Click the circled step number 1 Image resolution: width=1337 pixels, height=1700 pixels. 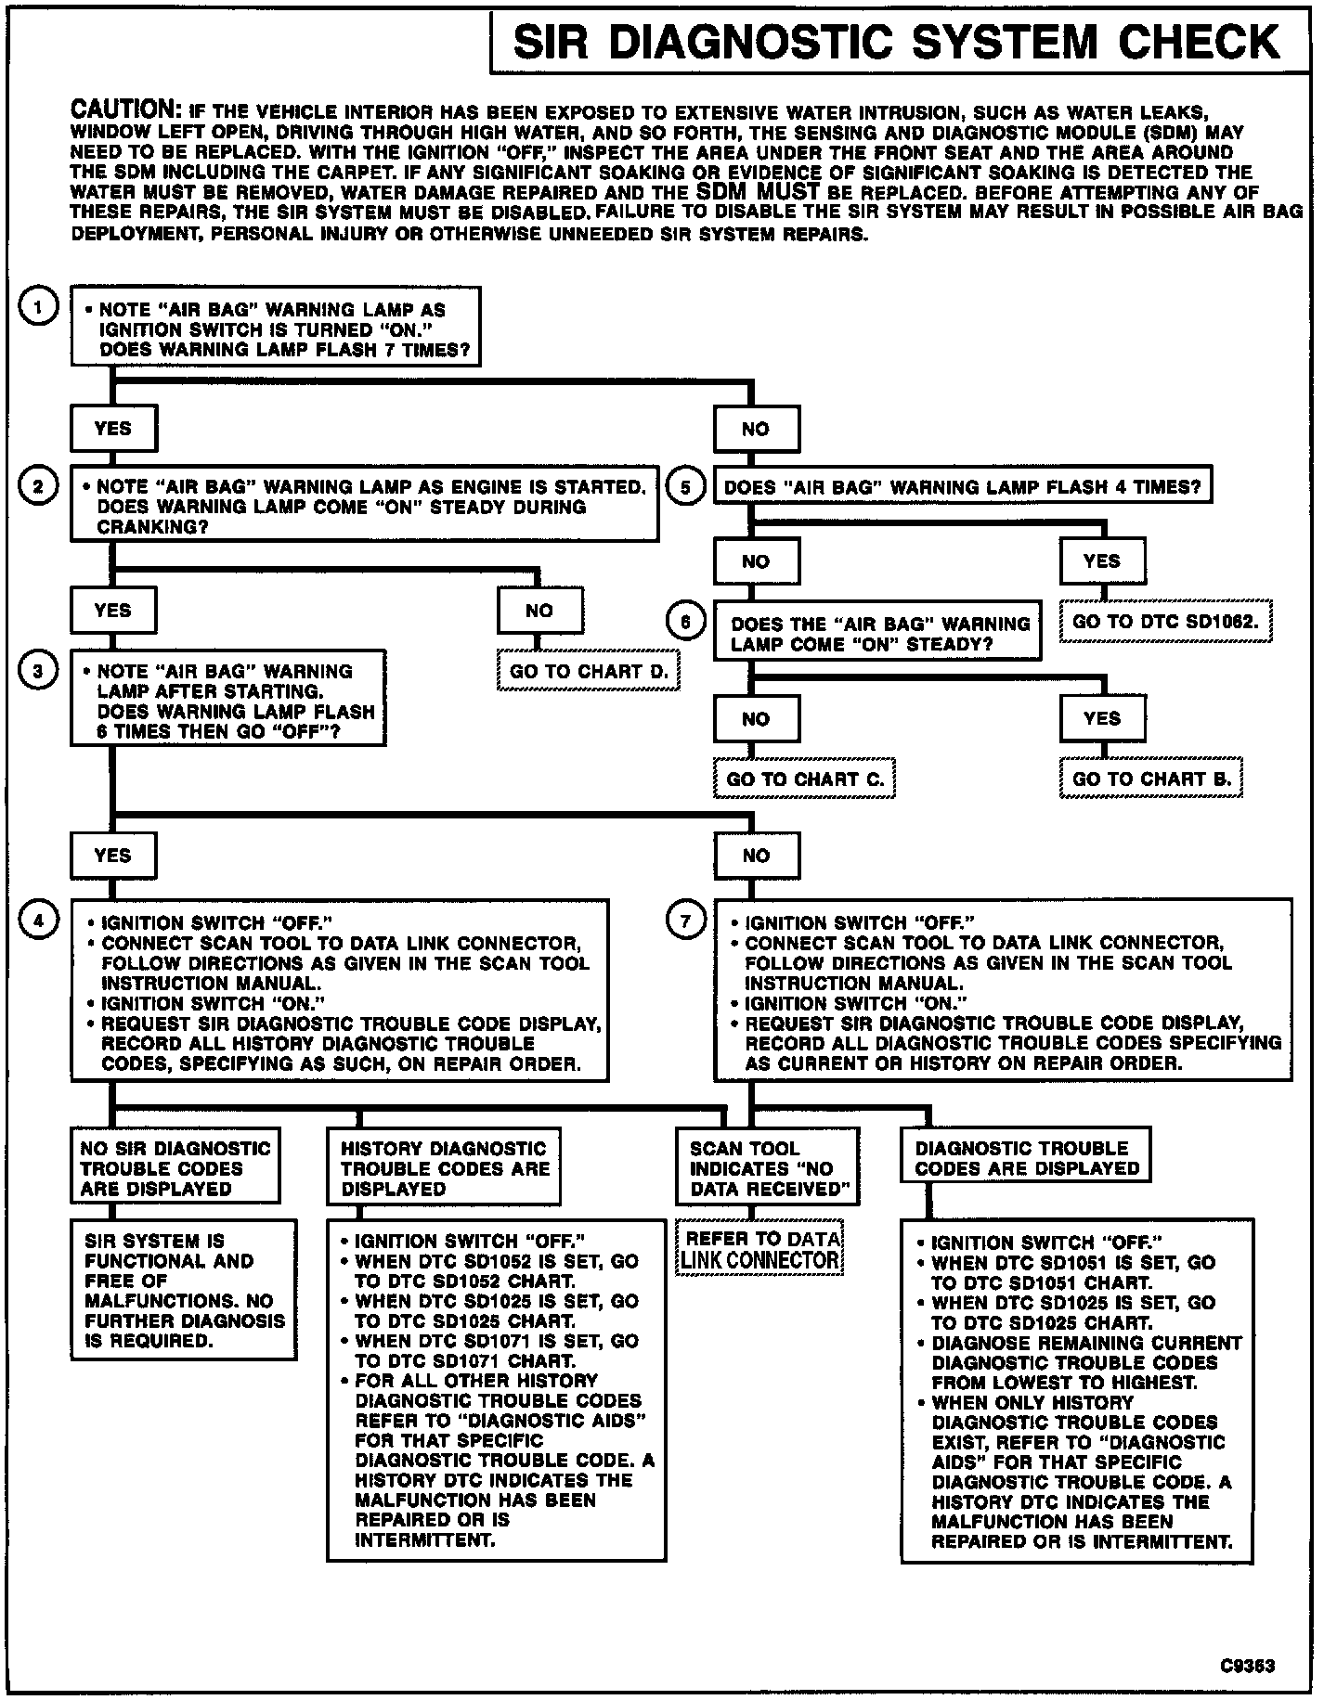pos(37,308)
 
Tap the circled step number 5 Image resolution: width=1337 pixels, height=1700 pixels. pos(686,486)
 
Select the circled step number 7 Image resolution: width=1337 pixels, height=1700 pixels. pos(686,921)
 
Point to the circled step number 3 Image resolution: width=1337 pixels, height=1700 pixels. pos(37,671)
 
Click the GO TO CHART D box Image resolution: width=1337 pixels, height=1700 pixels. pos(589,672)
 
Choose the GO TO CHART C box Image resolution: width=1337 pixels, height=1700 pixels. pos(804,779)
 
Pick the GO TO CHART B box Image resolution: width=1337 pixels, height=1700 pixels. pos(1151,779)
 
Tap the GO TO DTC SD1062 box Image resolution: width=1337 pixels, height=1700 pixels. pos(1165,622)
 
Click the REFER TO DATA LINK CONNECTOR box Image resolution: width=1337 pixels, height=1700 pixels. pos(760,1249)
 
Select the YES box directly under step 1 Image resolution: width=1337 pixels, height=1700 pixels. pos(113,429)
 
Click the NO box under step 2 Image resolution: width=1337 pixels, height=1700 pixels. pos(539,611)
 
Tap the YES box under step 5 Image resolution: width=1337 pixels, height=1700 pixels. pos(1101,561)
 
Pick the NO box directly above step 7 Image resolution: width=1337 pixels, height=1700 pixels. pos(756,856)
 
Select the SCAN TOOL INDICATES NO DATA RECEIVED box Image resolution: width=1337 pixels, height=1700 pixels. pos(768,1168)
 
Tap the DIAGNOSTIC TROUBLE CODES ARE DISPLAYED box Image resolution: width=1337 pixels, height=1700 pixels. pos(1025,1157)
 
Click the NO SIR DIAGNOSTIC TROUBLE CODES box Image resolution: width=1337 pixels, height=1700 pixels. pos(175,1167)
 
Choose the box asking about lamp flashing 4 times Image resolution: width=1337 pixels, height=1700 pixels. pos(962,486)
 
